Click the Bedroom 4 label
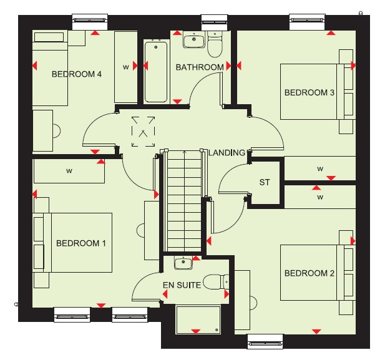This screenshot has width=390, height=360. click(77, 74)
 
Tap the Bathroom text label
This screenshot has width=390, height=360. click(200, 67)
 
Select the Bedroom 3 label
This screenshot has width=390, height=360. click(310, 92)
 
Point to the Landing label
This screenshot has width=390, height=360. click(227, 152)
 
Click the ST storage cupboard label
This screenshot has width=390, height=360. click(264, 182)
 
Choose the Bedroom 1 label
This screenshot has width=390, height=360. click(81, 243)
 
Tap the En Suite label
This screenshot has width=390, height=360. click(182, 285)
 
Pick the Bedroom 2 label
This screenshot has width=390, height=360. click(310, 273)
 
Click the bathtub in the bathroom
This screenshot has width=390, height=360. click(156, 72)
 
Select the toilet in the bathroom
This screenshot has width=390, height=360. click(215, 44)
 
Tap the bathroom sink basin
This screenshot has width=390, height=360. click(194, 39)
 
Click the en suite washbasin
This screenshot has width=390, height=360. click(183, 263)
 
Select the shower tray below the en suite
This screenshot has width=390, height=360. click(198, 320)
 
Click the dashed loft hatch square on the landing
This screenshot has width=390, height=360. click(144, 132)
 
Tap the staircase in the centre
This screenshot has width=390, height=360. click(184, 201)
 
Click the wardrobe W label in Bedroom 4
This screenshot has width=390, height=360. click(126, 67)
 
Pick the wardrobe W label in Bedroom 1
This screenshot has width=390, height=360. click(69, 171)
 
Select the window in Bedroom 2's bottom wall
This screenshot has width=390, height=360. click(265, 342)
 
